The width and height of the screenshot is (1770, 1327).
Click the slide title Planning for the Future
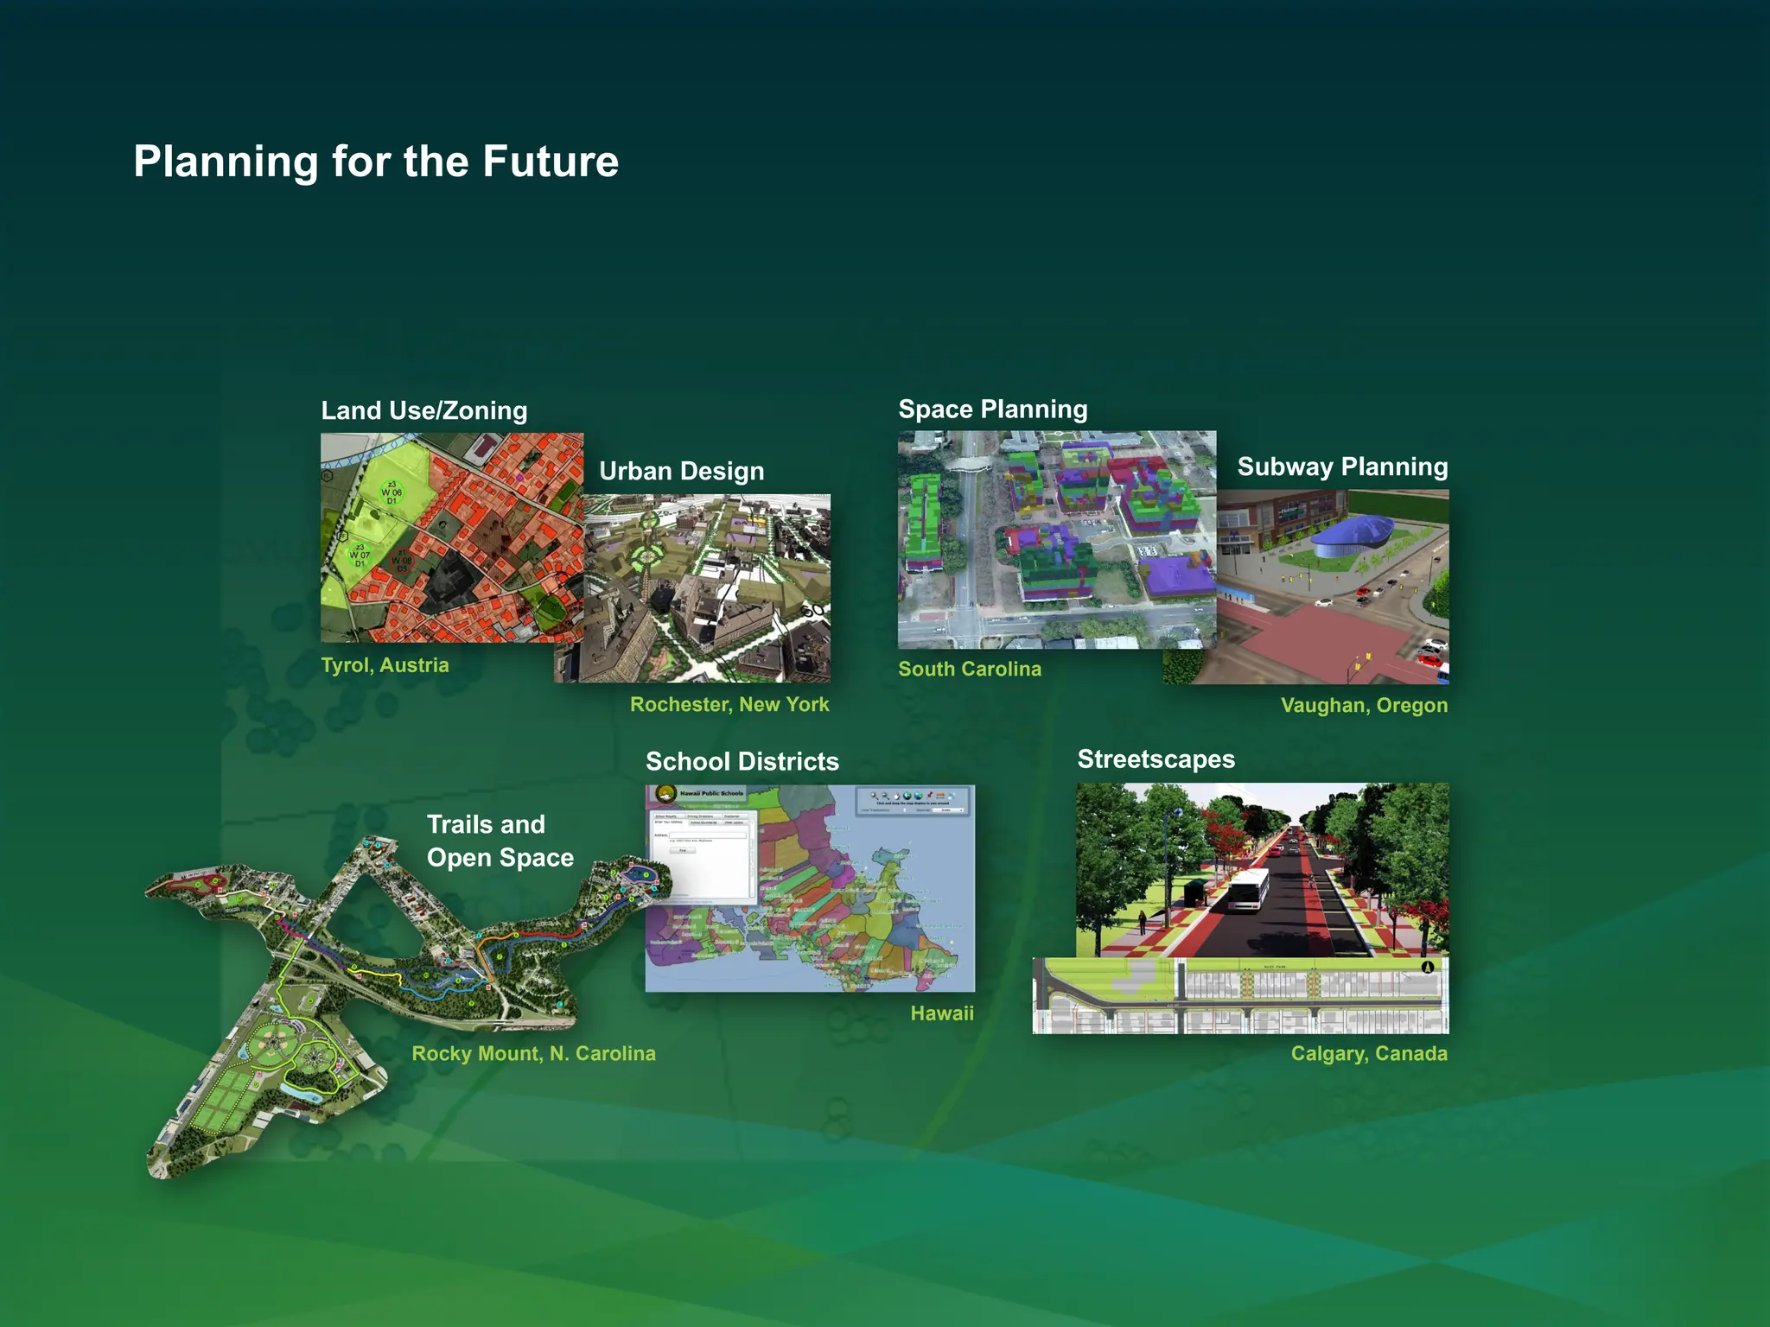point(376,162)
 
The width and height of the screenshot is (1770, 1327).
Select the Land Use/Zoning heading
point(423,410)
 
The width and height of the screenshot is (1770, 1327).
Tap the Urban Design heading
point(681,471)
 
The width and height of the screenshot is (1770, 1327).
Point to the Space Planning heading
point(992,409)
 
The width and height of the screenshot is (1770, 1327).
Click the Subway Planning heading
point(1341,467)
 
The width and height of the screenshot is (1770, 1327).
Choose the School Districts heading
point(742,761)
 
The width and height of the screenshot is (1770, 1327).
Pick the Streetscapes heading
point(1156,759)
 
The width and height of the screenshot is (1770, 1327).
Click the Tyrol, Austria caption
point(385,664)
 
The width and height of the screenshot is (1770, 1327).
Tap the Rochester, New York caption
point(729,704)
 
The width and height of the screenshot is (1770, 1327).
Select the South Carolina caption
point(969,669)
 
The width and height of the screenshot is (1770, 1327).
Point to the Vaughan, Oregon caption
point(1363,705)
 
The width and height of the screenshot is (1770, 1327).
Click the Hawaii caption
point(941,1013)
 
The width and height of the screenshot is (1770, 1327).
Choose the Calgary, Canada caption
point(1368,1053)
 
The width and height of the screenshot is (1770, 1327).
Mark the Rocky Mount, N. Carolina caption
point(533,1053)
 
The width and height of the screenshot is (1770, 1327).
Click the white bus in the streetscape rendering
point(1248,889)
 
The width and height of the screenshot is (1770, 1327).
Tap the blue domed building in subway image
point(1352,533)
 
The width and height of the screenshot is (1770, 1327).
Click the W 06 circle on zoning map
point(392,493)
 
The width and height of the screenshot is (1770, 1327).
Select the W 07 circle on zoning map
point(360,555)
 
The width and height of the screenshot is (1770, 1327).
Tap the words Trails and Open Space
point(499,841)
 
